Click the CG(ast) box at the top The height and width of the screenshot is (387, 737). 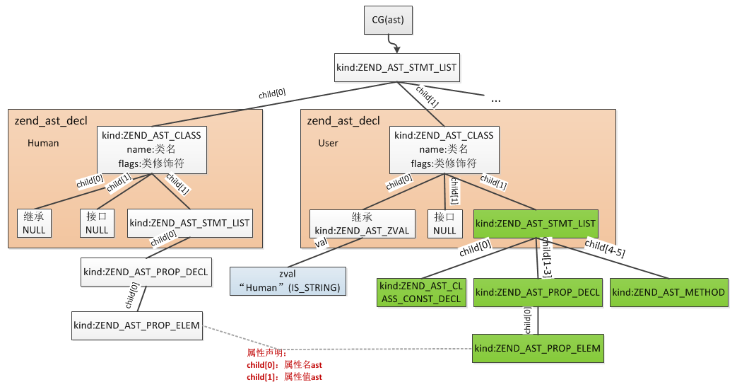tap(388, 19)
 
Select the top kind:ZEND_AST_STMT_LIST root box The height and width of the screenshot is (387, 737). tap(396, 68)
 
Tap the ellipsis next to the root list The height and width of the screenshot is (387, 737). tap(495, 99)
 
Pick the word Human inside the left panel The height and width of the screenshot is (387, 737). tap(43, 143)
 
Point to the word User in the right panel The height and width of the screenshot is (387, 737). tap(329, 143)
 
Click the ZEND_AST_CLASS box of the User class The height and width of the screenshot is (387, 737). tap(444, 149)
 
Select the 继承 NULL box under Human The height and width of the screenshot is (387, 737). tap(34, 223)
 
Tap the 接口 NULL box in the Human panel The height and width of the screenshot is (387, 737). tap(97, 223)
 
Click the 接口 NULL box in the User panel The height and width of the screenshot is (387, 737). tap(444, 223)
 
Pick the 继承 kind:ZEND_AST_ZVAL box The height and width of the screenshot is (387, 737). tap(362, 223)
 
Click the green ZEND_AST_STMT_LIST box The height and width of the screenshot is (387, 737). tap(536, 224)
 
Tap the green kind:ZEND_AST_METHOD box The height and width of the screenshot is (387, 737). tap(668, 292)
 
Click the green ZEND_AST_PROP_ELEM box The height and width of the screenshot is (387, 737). tap(538, 348)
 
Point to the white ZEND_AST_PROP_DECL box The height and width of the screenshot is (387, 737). tap(146, 272)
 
